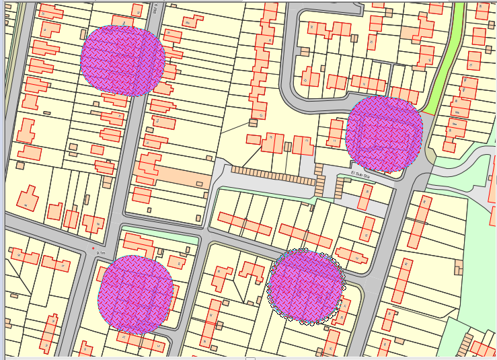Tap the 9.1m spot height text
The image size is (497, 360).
(102, 252)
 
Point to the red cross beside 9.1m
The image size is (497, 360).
(93, 249)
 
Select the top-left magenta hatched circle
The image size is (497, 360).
(122, 60)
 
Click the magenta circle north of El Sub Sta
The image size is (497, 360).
(384, 133)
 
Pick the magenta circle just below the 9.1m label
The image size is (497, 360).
(135, 294)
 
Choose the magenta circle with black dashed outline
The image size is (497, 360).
(306, 286)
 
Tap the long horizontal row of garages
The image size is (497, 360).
(272, 176)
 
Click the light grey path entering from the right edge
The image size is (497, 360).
(464, 168)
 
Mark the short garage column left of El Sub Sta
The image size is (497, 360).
(319, 185)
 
